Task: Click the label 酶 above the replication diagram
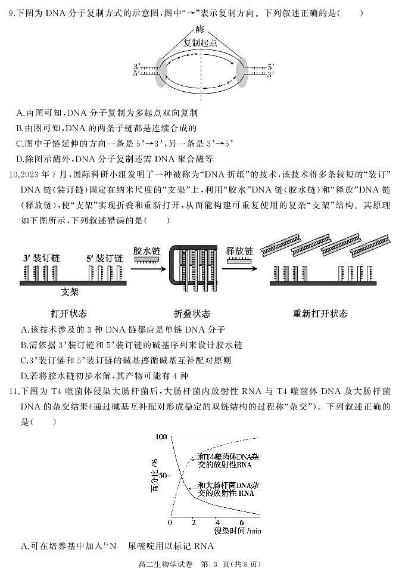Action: coord(199,29)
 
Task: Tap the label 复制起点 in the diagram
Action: coord(199,43)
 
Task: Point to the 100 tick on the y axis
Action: coord(160,437)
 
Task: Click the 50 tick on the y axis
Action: coord(163,476)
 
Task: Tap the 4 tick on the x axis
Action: coord(216,523)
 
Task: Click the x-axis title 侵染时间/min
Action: coord(236,531)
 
